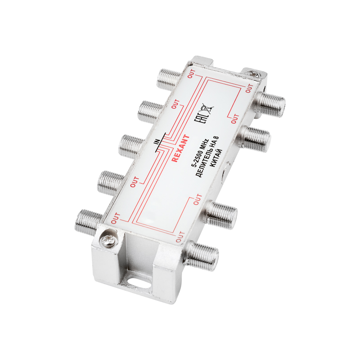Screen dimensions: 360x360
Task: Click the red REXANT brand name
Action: [181, 148]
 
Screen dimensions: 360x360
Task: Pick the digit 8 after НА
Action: [217, 139]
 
